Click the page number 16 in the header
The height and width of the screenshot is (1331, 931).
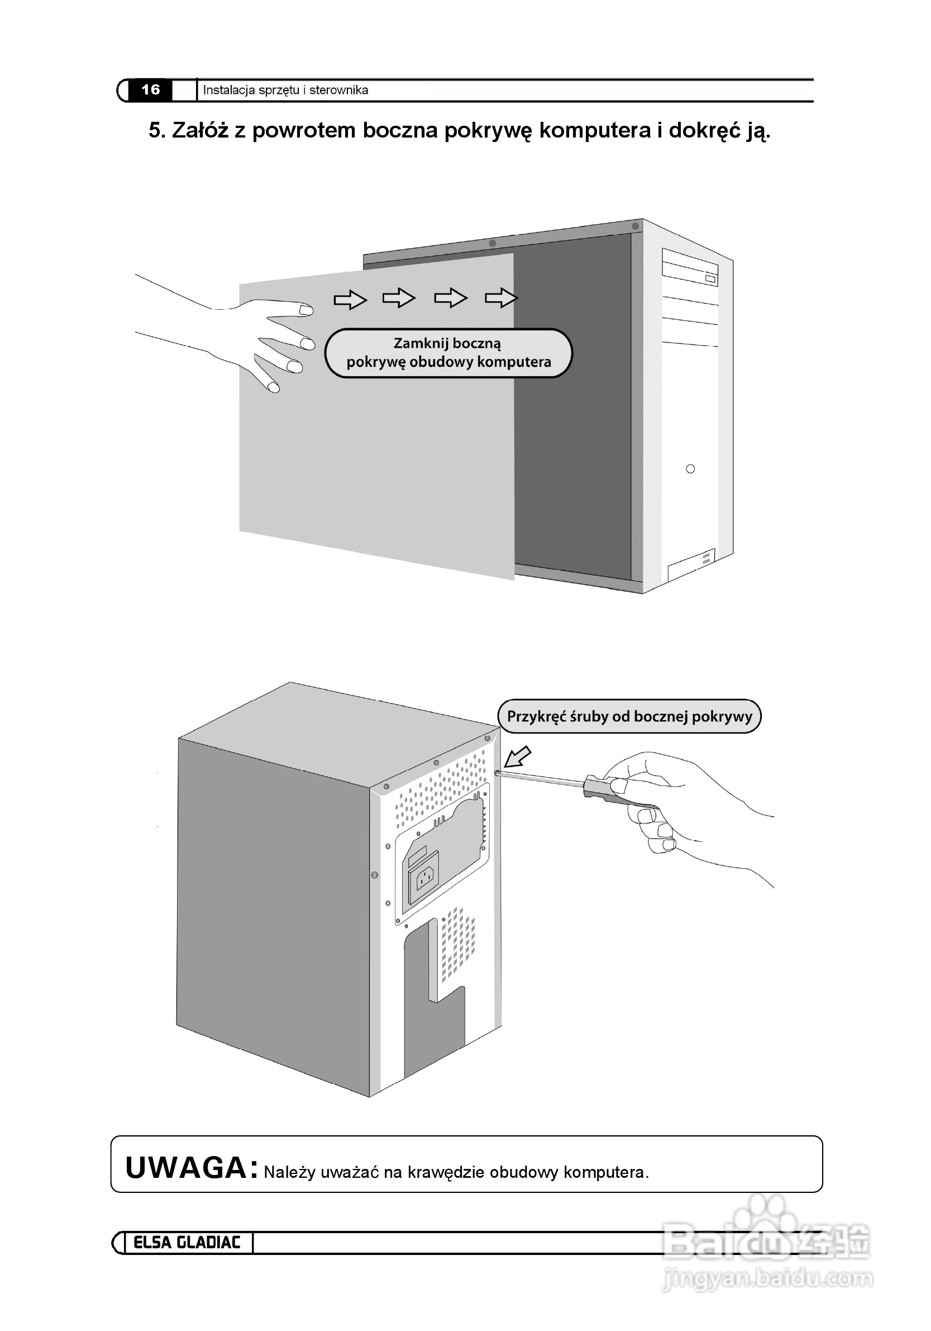click(x=150, y=90)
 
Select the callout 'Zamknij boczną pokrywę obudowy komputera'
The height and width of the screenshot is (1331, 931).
click(x=448, y=353)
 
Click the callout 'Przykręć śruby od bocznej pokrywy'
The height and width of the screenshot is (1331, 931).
click(x=629, y=717)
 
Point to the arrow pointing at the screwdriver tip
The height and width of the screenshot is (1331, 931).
click(x=517, y=756)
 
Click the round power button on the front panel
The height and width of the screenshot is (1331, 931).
click(x=690, y=468)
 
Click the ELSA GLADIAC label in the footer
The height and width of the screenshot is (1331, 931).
click(x=187, y=1242)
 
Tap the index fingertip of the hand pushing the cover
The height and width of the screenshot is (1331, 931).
click(x=306, y=311)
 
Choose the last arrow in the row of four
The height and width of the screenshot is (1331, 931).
click(x=501, y=298)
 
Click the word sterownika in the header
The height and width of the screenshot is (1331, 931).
click(x=339, y=91)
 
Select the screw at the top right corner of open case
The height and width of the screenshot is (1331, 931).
click(x=635, y=226)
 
